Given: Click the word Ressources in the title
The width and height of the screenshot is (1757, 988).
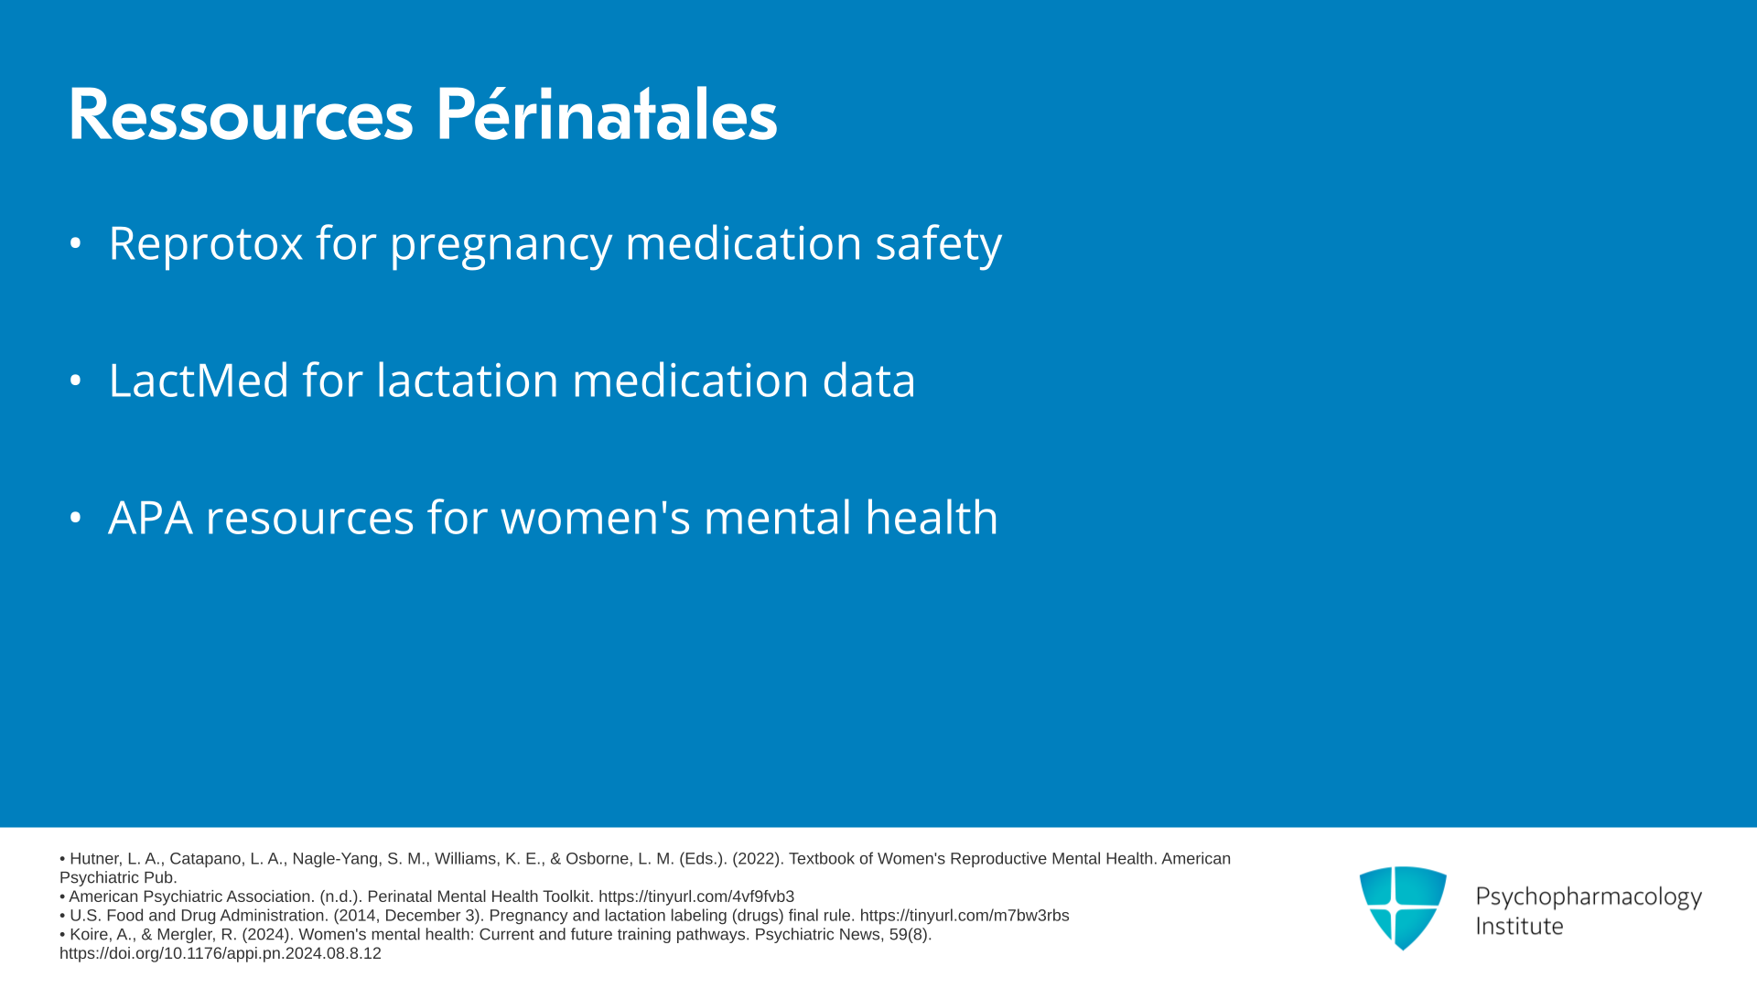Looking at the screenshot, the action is click(x=241, y=115).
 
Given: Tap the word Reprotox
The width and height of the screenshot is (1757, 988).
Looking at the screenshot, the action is click(x=206, y=243).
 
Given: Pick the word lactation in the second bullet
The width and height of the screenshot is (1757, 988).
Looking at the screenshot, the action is click(x=468, y=380).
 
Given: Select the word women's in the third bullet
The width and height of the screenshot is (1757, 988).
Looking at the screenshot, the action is click(x=596, y=517).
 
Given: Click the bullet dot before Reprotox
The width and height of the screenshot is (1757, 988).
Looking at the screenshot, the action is click(x=76, y=243).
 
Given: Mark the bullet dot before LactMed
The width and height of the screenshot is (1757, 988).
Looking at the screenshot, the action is click(x=76, y=381).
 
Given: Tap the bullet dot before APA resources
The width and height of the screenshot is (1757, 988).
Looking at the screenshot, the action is click(x=76, y=518).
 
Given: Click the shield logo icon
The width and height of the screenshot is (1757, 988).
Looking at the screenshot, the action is click(x=1403, y=907).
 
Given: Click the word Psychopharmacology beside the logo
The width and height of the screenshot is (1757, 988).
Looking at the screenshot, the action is click(x=1589, y=897).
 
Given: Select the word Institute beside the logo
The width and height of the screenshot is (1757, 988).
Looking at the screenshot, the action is click(x=1519, y=927).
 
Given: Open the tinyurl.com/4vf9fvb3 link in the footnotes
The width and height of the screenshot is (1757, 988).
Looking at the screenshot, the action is click(x=696, y=897).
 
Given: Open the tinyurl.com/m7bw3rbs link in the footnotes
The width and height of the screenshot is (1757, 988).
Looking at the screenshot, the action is click(x=965, y=916).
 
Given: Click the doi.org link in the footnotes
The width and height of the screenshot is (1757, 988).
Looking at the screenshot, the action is click(x=221, y=953).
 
